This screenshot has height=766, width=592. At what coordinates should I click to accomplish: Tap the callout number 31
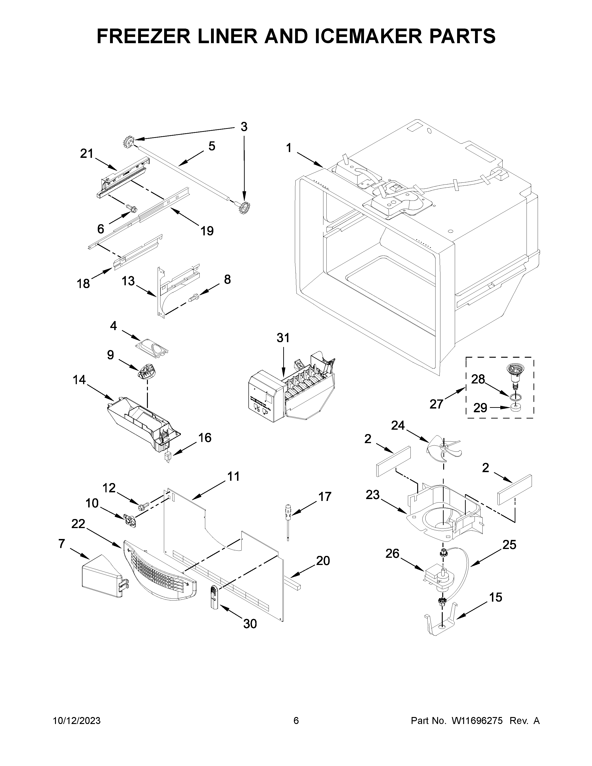click(283, 338)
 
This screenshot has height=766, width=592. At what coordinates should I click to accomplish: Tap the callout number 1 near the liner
click(288, 148)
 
